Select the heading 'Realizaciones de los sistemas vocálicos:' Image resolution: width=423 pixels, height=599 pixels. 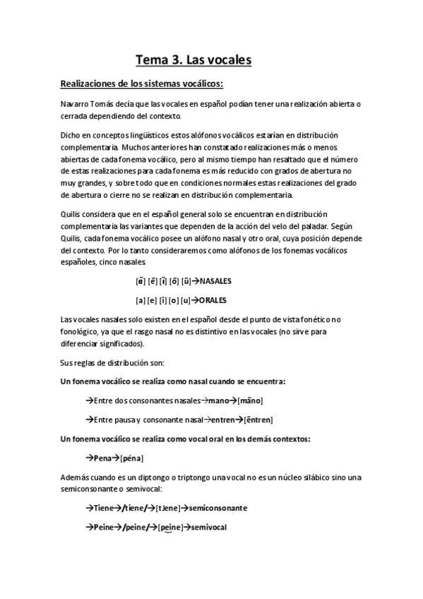click(142, 84)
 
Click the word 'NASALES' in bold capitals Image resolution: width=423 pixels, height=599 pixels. click(215, 281)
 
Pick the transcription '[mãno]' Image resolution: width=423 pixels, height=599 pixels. click(250, 401)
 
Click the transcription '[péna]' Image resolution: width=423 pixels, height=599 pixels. click(131, 458)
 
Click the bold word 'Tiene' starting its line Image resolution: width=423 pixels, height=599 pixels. click(103, 508)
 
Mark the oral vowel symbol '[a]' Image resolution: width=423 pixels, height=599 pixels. click(140, 299)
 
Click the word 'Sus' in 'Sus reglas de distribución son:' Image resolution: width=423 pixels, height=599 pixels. click(68, 362)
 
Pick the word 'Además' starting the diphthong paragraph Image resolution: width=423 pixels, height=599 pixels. click(76, 477)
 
